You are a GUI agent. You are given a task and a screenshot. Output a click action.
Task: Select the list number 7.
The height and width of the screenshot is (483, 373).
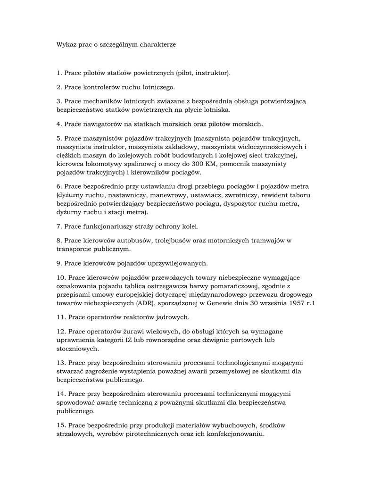coord(58,226)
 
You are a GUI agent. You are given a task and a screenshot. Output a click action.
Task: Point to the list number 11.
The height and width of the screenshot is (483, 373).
coord(60,317)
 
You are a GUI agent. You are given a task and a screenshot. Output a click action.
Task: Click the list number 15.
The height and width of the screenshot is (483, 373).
coord(60,425)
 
